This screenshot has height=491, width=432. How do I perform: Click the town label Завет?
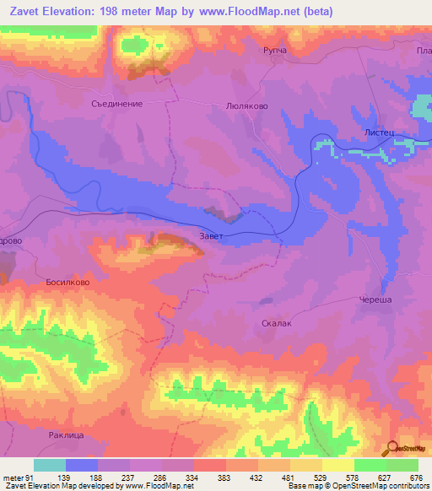pos(212,236)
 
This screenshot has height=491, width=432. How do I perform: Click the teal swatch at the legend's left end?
pos(50,465)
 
